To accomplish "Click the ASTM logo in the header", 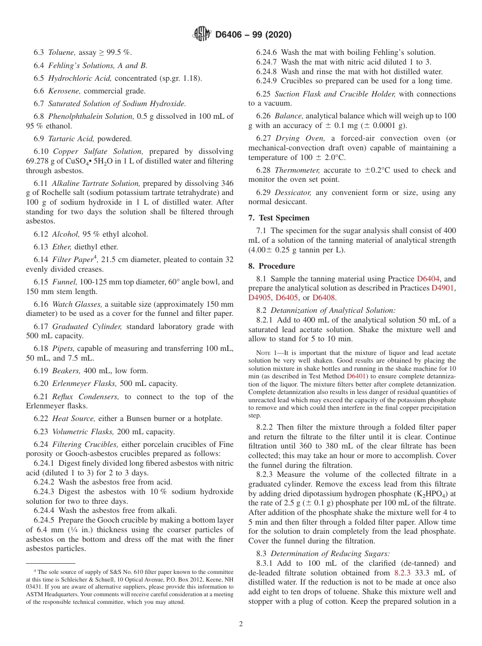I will click(202, 35).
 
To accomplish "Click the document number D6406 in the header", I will click(231, 35).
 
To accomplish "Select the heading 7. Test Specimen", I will click(279, 218).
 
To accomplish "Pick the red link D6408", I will click(324, 298).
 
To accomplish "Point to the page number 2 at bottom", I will click(241, 624).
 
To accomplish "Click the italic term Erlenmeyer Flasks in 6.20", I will click(79, 383).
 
